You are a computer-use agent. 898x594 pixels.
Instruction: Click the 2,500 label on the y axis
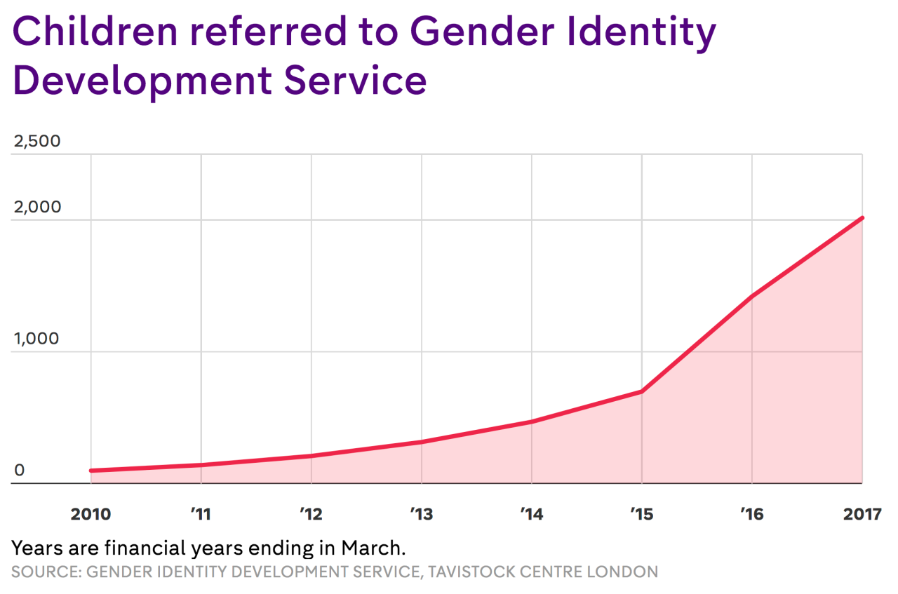tap(37, 141)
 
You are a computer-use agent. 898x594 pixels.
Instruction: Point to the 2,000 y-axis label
tap(37, 207)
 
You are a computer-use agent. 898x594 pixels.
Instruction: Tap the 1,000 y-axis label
tap(36, 339)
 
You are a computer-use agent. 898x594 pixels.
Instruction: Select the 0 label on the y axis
tap(20, 470)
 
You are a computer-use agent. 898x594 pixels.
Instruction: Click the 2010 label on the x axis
tap(91, 514)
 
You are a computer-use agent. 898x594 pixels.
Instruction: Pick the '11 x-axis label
tap(201, 514)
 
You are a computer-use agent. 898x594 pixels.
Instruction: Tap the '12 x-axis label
tap(311, 514)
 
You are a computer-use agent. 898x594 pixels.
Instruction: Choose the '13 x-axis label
tap(421, 514)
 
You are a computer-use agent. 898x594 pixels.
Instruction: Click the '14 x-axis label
tap(531, 514)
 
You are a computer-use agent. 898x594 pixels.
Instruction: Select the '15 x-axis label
tap(641, 514)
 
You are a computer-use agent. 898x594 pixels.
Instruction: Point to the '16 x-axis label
tap(751, 514)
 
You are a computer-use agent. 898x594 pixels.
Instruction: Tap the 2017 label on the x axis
tap(862, 514)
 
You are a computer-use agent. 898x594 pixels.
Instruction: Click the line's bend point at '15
tap(642, 391)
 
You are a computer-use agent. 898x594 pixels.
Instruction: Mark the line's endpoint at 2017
tap(862, 218)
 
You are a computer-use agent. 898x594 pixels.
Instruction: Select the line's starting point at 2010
tap(91, 471)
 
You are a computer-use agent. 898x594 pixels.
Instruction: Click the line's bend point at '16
tap(752, 296)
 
